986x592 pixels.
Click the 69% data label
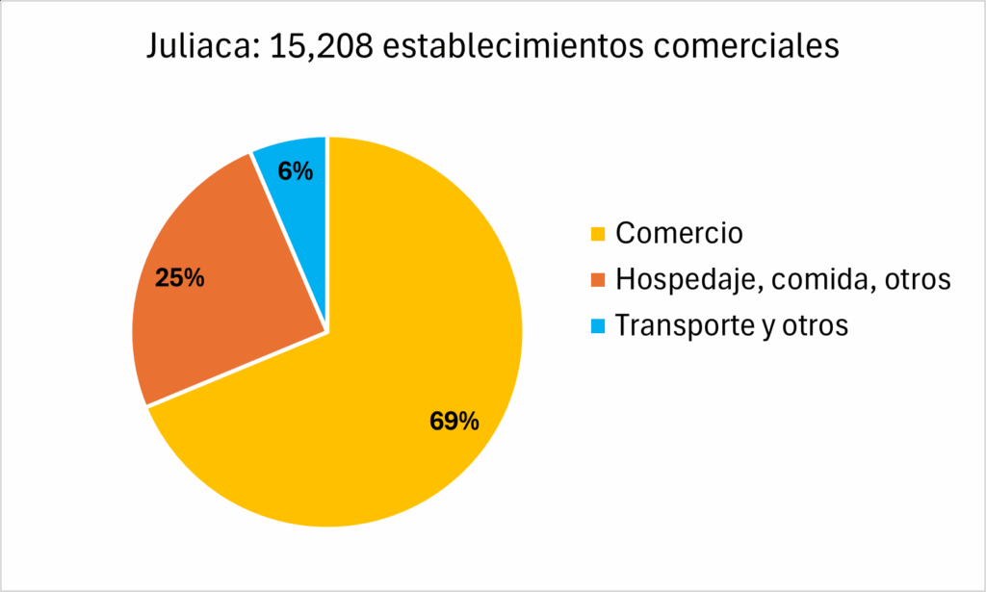[454, 421]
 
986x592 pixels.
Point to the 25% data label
[180, 279]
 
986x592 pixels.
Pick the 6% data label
[295, 171]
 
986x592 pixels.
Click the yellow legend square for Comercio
[598, 234]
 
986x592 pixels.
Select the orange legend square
[598, 280]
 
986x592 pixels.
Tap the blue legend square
[598, 326]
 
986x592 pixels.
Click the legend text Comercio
[679, 233]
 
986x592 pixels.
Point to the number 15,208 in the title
[320, 47]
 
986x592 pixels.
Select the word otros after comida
[916, 280]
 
